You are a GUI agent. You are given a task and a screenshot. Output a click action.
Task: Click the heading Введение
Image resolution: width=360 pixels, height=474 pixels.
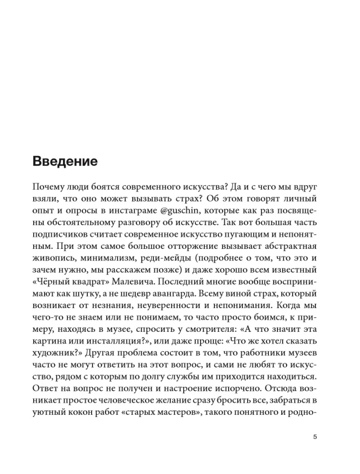click(65, 161)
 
